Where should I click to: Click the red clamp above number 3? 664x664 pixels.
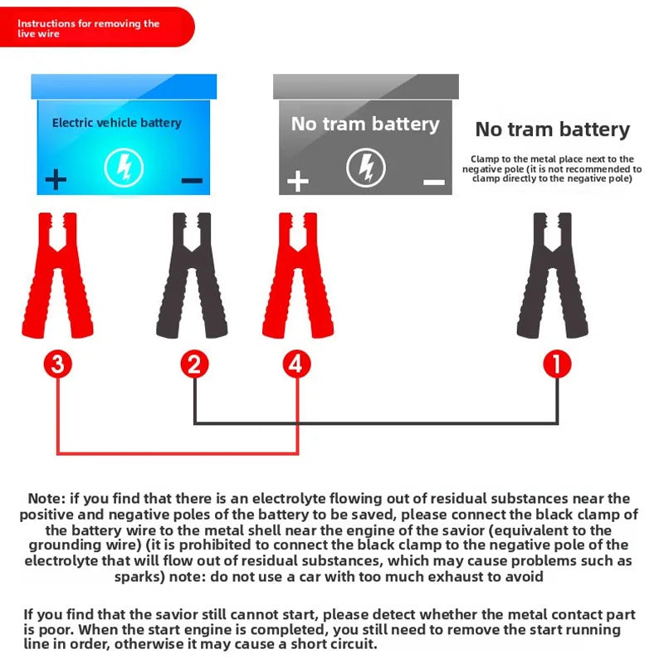pyautogui.click(x=57, y=278)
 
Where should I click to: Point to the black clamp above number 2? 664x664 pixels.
pyautogui.click(x=193, y=278)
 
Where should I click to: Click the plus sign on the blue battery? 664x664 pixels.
pyautogui.click(x=56, y=179)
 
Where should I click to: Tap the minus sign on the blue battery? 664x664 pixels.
pyautogui.click(x=192, y=180)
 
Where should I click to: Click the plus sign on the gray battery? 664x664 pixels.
pyautogui.click(x=297, y=181)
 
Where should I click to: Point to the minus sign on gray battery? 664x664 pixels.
pyautogui.click(x=433, y=182)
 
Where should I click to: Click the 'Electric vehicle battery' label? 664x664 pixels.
pyautogui.click(x=116, y=123)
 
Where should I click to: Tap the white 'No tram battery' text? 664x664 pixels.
pyautogui.click(x=365, y=124)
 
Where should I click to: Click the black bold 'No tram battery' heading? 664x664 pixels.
pyautogui.click(x=552, y=129)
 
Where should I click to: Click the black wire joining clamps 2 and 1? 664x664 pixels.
pyautogui.click(x=373, y=423)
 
